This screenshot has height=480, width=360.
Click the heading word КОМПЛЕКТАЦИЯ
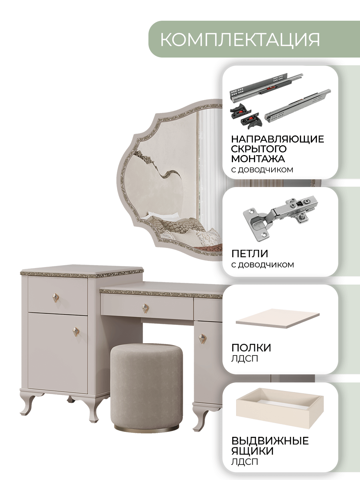tap(240, 39)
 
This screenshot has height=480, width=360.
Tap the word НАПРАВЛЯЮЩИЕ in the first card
tap(278, 139)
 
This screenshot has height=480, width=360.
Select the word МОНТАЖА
tap(258, 159)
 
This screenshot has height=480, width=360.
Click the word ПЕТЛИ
tap(249, 254)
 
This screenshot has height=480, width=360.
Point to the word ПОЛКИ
tap(251, 348)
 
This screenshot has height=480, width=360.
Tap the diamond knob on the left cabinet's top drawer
tap(55, 298)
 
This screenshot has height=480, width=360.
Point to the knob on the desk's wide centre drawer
tap(145, 308)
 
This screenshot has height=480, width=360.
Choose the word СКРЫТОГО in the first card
tap(259, 149)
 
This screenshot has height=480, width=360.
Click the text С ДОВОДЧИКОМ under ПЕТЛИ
tap(262, 265)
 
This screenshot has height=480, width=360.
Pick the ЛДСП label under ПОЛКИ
tap(245, 358)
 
